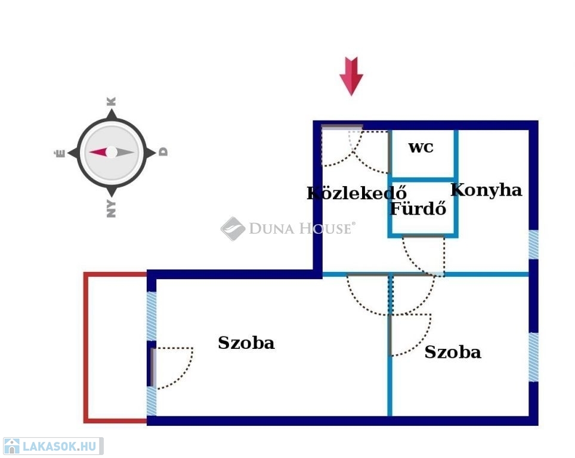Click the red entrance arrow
tap(351, 76)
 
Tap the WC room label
tap(421, 147)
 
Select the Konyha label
tap(486, 190)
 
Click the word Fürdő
tap(418, 208)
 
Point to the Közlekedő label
tap(357, 193)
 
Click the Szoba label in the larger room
tap(246, 343)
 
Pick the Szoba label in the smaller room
tap(453, 352)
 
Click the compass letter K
tap(112, 101)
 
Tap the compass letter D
tap(163, 152)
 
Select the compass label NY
tap(111, 209)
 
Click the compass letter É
tap(60, 152)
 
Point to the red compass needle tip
tap(90, 152)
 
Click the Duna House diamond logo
tap(233, 228)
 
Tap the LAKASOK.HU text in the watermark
tap(60, 446)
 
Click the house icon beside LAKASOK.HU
tap(11, 446)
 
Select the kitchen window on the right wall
tap(534, 245)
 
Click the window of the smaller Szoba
tap(534, 357)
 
